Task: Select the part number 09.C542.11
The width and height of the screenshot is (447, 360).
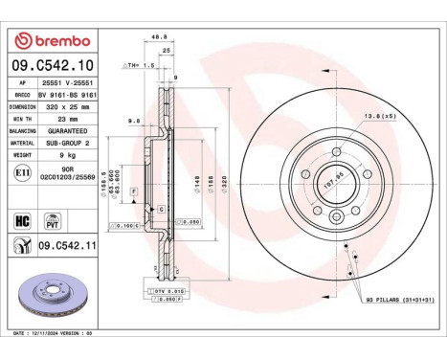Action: [x=69, y=246]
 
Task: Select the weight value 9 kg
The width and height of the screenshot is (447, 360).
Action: [x=69, y=153]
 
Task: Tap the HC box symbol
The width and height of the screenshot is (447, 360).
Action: [x=21, y=220]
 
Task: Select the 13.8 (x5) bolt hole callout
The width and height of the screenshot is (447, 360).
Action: [x=375, y=116]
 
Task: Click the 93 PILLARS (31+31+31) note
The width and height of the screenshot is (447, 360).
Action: [x=391, y=303]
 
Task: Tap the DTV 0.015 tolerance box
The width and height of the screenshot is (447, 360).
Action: [x=166, y=289]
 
